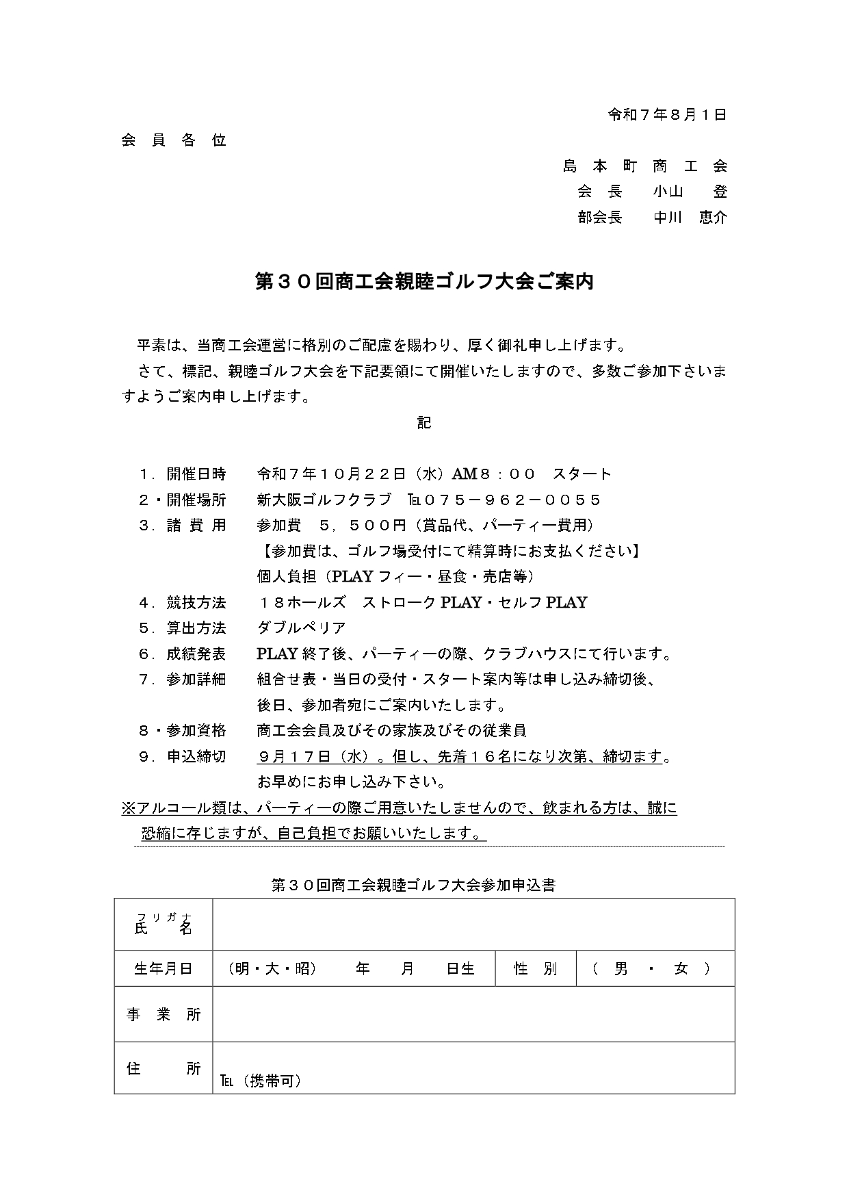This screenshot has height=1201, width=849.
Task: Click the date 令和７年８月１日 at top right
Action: point(667,115)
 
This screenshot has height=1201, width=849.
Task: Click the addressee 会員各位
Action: point(174,141)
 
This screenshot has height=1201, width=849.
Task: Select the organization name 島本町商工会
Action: point(645,166)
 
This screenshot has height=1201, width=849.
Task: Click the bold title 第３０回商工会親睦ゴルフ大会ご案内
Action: point(424,282)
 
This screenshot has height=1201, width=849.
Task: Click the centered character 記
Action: point(424,423)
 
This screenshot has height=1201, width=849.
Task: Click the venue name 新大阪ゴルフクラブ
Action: point(324,500)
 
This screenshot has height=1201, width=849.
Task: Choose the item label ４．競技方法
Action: point(182,603)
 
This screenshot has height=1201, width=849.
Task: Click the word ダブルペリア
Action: point(301,628)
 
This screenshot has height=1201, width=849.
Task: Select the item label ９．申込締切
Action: point(182,757)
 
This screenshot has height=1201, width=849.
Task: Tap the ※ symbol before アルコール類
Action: point(129,808)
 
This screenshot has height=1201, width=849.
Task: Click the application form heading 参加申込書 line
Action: point(413,885)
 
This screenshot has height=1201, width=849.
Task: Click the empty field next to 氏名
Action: point(473,924)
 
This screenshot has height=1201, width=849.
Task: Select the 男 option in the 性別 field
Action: point(621,969)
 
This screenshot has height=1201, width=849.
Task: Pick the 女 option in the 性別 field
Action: point(681,969)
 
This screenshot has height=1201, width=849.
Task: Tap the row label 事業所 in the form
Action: point(164,1015)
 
